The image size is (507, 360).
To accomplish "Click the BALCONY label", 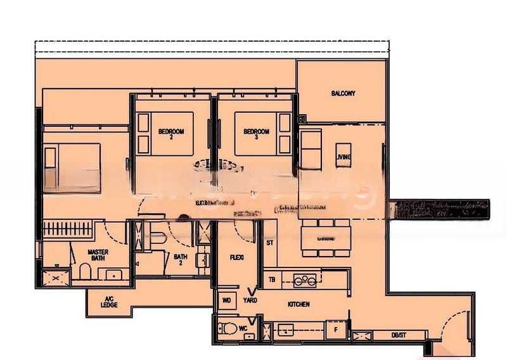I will [x=343, y=93].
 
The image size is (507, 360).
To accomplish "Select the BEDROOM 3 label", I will [x=257, y=134].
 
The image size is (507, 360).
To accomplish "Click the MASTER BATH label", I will [x=98, y=255].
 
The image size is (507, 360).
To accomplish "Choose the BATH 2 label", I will [x=181, y=260].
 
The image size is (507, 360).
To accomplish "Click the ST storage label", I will [x=270, y=243].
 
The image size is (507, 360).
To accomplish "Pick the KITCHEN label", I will [x=298, y=304].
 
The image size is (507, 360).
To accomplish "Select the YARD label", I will [x=250, y=300].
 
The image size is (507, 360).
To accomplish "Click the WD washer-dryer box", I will [x=227, y=300].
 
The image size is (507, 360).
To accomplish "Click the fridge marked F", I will [x=335, y=330].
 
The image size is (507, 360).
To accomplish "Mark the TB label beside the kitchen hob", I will [x=272, y=279].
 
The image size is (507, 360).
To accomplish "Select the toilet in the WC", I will [x=226, y=330].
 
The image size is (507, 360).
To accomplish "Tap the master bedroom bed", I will [x=72, y=167].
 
